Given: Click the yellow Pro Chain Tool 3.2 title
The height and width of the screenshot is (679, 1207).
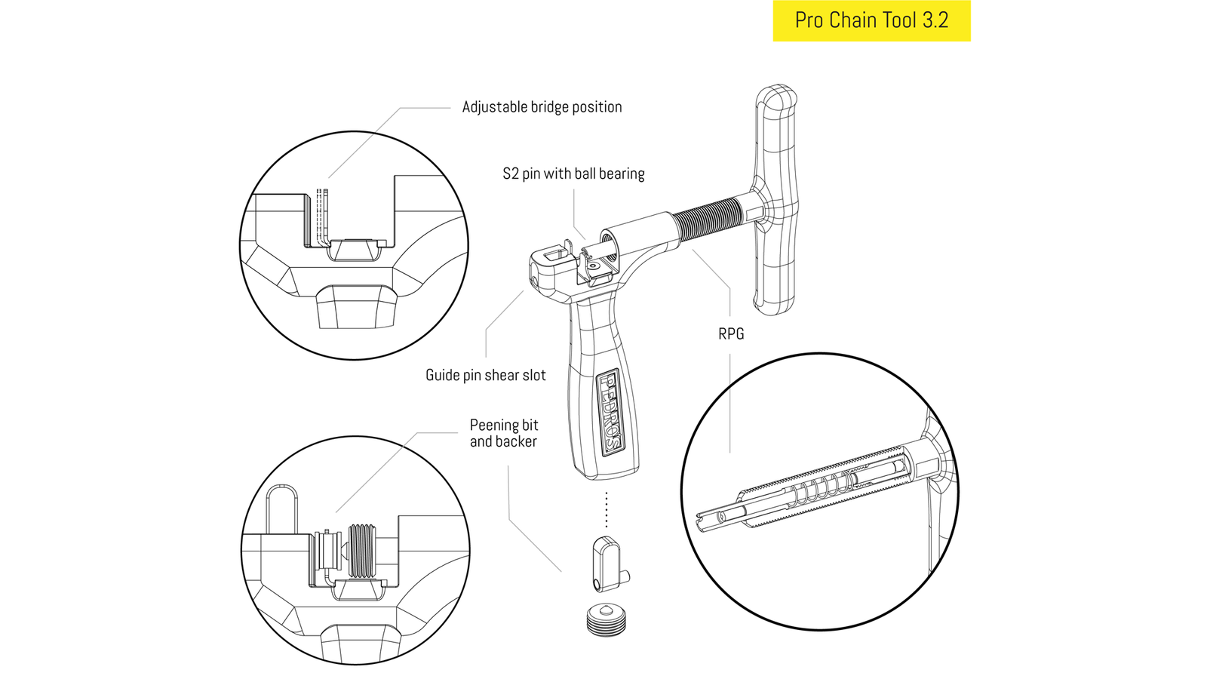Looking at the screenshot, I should click(871, 20).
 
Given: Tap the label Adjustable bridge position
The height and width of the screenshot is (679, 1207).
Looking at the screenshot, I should click(542, 107).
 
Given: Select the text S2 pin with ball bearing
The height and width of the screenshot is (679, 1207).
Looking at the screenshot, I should click(573, 174).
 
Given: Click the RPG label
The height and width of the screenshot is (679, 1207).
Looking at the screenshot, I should click(730, 333).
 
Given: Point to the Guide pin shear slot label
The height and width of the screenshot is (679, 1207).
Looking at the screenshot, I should click(485, 375).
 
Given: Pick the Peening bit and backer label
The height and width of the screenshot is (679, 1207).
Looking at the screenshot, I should click(503, 433).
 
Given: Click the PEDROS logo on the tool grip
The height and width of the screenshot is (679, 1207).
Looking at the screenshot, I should click(609, 411).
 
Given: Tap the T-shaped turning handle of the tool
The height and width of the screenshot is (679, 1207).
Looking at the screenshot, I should click(776, 200).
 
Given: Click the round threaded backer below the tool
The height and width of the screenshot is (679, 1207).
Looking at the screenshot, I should click(606, 620).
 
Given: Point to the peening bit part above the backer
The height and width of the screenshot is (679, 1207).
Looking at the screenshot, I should click(607, 563).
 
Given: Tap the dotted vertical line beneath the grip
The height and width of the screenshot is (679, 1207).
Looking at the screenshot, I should click(607, 510).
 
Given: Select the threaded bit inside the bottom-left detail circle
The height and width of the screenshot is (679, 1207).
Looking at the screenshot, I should click(362, 551).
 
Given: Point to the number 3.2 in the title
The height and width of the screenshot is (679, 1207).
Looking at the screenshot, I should click(935, 20).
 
